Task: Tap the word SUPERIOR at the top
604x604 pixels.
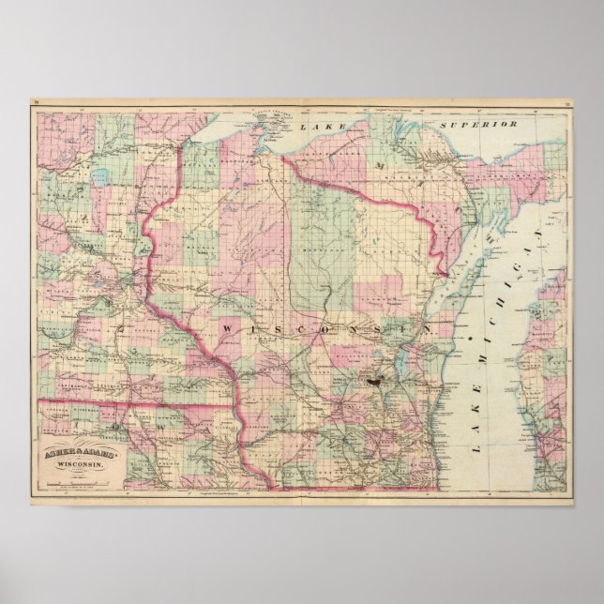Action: (481, 123)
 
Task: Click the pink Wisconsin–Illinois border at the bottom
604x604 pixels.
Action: (356, 489)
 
